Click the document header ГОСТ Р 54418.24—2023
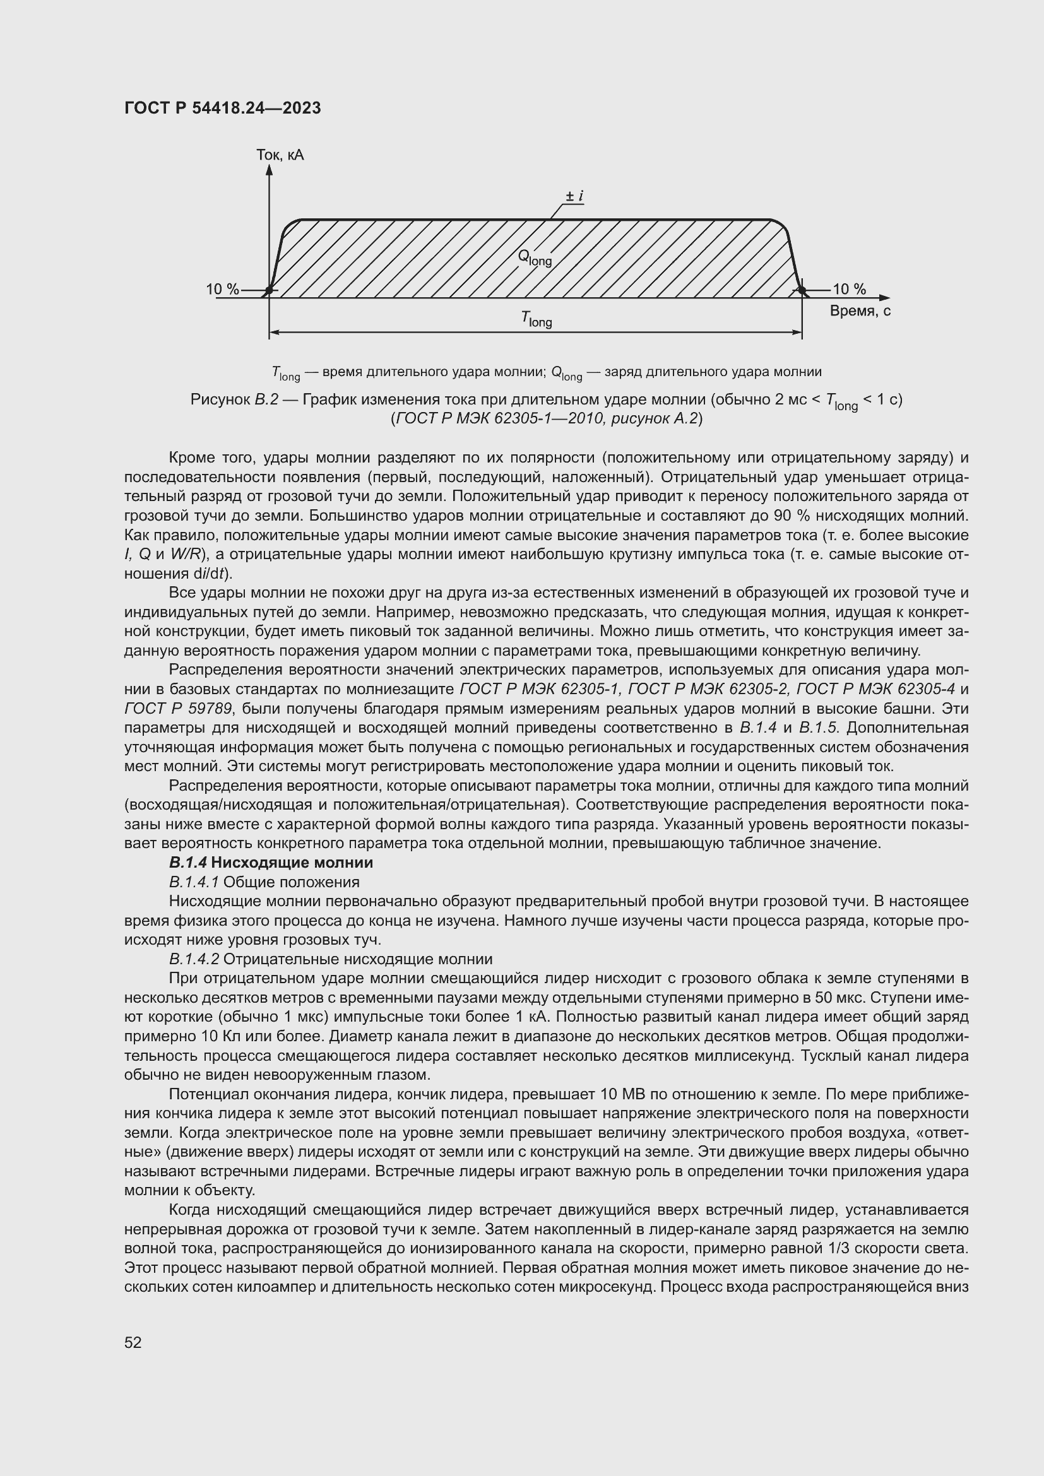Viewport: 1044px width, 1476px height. click(x=222, y=108)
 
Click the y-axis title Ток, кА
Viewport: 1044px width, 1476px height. click(x=280, y=155)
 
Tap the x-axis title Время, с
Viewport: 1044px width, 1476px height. click(x=860, y=311)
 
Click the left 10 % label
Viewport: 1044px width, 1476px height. click(x=222, y=289)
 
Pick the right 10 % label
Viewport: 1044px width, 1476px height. click(x=849, y=289)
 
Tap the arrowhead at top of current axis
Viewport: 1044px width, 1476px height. click(x=270, y=170)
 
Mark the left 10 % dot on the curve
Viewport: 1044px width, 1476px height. click(x=270, y=291)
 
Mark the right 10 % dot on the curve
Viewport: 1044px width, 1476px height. click(x=802, y=291)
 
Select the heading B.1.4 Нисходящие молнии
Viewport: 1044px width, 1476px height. click(x=271, y=862)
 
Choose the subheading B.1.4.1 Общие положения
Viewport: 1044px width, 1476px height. click(x=264, y=882)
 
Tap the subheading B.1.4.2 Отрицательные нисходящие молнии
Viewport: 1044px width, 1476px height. click(x=330, y=959)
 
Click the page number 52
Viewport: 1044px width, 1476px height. click(x=133, y=1342)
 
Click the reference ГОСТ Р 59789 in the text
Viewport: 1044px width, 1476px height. click(x=178, y=709)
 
